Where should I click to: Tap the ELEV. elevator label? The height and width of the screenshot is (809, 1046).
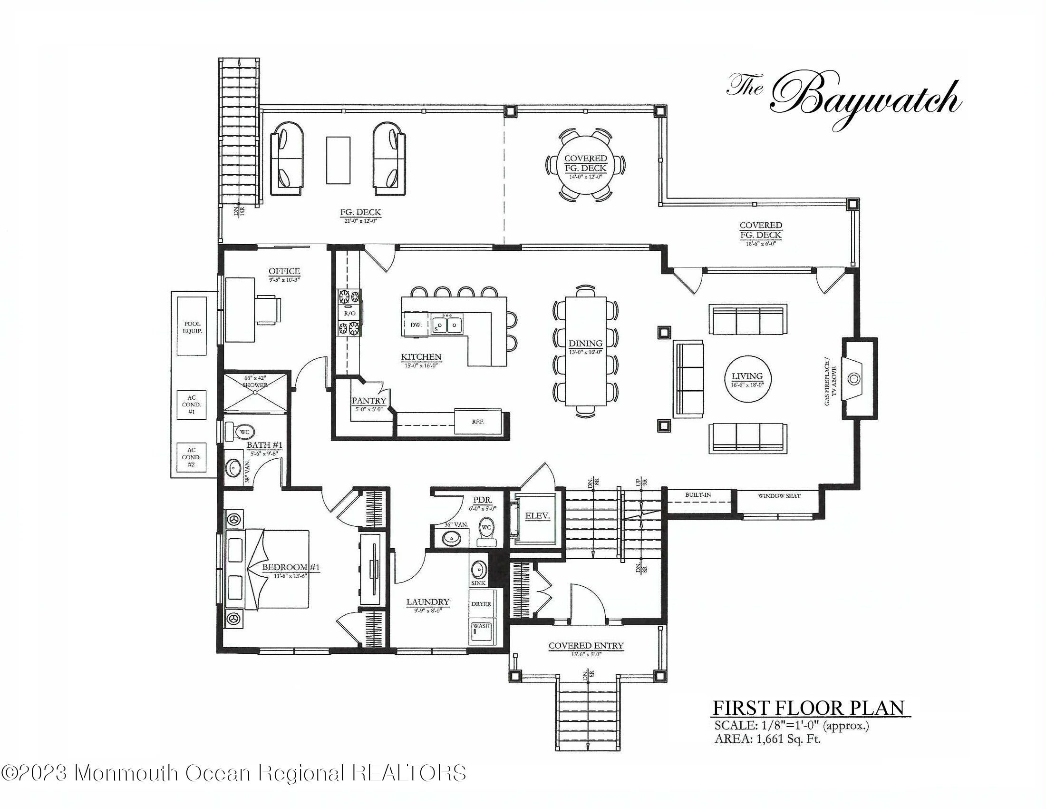pyautogui.click(x=537, y=516)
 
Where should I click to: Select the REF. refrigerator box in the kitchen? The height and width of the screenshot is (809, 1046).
pyautogui.click(x=477, y=421)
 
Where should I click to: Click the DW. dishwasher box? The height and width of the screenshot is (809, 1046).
pyautogui.click(x=416, y=325)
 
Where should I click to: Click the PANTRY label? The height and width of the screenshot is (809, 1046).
pyautogui.click(x=369, y=401)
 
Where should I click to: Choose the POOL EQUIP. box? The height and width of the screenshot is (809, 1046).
pyautogui.click(x=192, y=327)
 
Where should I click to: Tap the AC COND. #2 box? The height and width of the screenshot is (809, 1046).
pyautogui.click(x=192, y=457)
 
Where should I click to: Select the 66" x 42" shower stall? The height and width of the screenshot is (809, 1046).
pyautogui.click(x=256, y=392)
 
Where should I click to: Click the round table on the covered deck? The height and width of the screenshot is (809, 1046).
pyautogui.click(x=585, y=163)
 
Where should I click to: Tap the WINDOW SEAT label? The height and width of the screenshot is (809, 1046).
pyautogui.click(x=779, y=495)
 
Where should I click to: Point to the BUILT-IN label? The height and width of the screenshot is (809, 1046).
pyautogui.click(x=698, y=494)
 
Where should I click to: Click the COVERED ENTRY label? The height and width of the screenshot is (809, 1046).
pyautogui.click(x=586, y=646)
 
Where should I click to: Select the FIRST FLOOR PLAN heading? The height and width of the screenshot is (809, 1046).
pyautogui.click(x=808, y=708)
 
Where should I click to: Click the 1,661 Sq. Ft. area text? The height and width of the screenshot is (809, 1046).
pyautogui.click(x=788, y=739)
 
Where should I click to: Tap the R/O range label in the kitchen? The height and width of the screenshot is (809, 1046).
pyautogui.click(x=349, y=314)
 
